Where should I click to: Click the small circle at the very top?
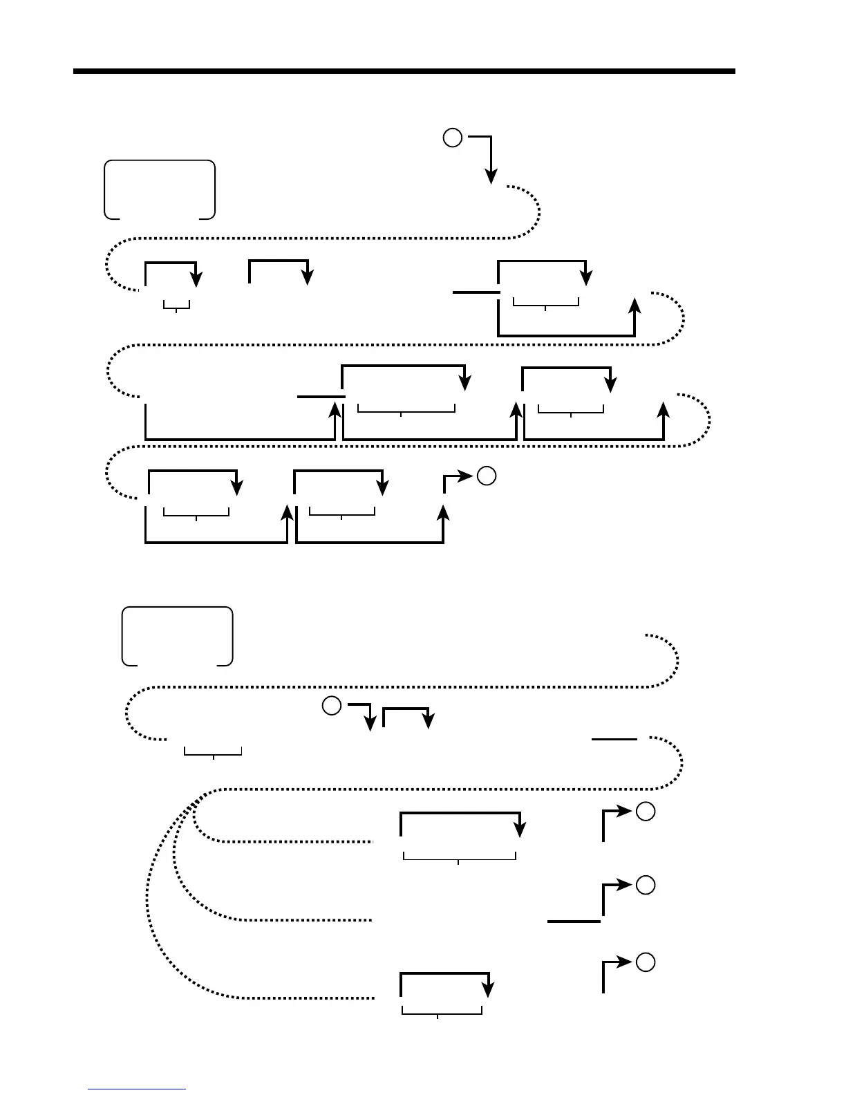click(x=452, y=138)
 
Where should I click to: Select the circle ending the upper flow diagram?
click(x=487, y=476)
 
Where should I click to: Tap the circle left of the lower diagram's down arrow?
click(x=332, y=706)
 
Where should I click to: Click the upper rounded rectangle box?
click(x=160, y=189)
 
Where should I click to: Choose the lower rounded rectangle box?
click(x=178, y=636)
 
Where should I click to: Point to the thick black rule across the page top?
click(x=404, y=71)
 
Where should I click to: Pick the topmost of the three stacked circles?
click(x=645, y=812)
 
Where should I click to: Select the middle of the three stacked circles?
click(x=645, y=885)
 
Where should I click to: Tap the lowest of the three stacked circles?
click(x=645, y=962)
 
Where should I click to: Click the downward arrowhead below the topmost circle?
click(x=491, y=177)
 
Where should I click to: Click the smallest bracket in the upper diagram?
click(x=177, y=305)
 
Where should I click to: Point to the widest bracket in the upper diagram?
click(x=406, y=410)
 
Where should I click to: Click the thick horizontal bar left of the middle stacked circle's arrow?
click(x=574, y=921)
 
